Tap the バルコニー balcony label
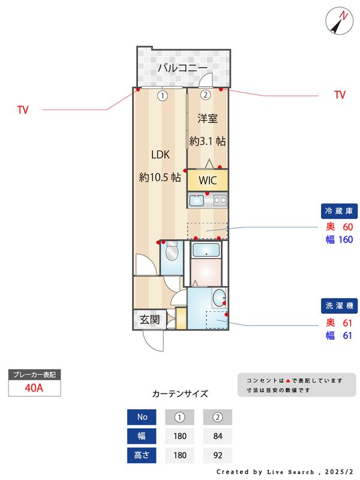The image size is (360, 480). click(x=183, y=68)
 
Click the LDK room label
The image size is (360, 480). click(x=160, y=155)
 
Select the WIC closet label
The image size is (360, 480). click(x=208, y=181)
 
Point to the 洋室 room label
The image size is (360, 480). click(x=207, y=118)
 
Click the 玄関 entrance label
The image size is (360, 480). click(x=149, y=320)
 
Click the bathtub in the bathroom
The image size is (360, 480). click(x=206, y=250)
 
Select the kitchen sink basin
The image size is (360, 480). click(x=197, y=201)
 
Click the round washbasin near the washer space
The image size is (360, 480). click(x=219, y=298)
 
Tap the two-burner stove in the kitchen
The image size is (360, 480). click(x=220, y=200)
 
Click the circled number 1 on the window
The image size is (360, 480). click(x=163, y=96)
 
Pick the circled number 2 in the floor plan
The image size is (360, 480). click(x=205, y=95)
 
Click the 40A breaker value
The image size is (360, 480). click(x=34, y=388)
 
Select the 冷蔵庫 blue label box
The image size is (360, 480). click(x=339, y=211)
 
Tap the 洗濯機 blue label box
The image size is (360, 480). click(x=339, y=305)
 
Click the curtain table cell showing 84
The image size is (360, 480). click(x=218, y=436)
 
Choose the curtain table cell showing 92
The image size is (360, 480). click(x=218, y=455)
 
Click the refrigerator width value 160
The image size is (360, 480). click(x=346, y=239)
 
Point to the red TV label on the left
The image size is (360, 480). click(x=23, y=110)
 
